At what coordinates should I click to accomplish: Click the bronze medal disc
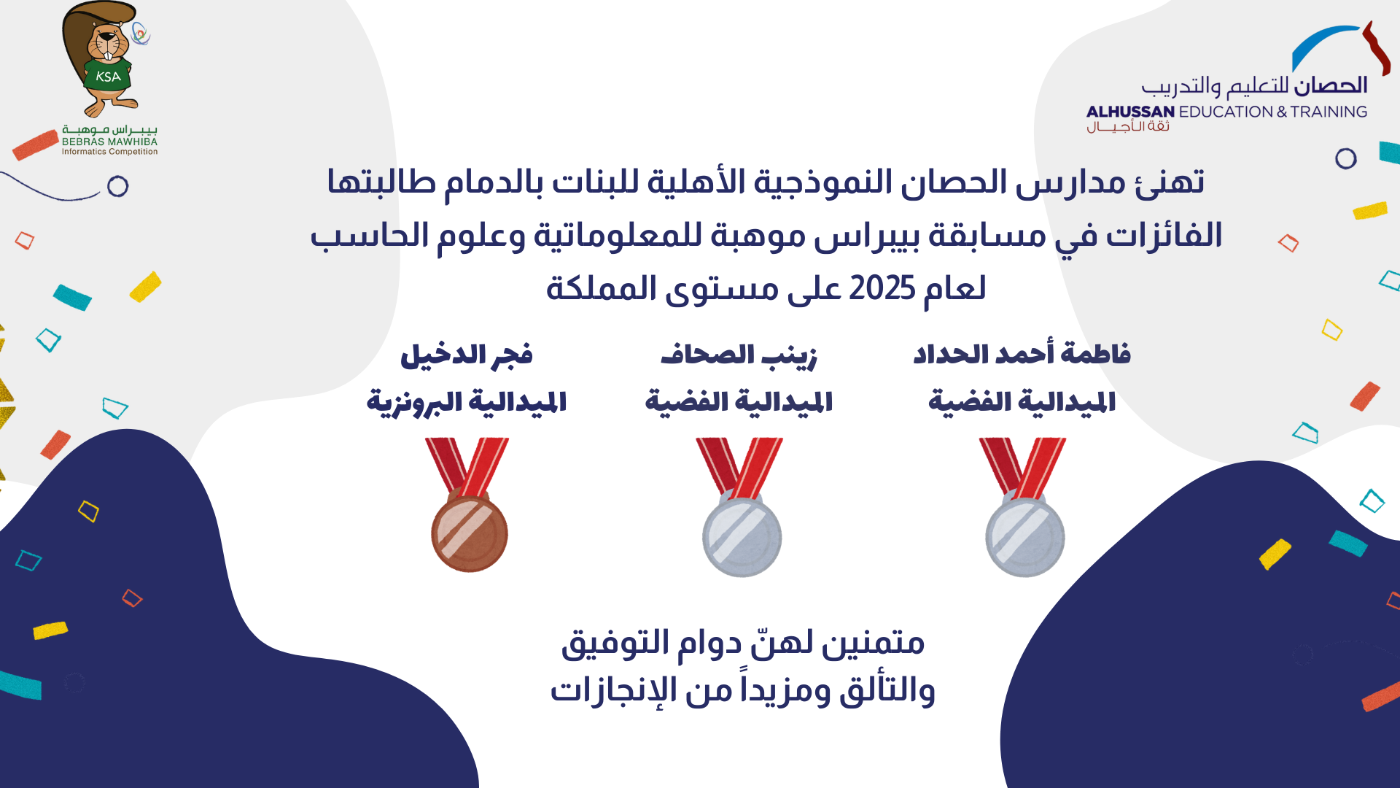tap(470, 533)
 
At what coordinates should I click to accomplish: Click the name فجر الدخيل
tap(467, 355)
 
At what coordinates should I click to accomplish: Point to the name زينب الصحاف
tap(739, 355)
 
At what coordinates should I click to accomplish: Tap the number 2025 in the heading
tap(882, 289)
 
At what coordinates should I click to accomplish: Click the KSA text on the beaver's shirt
tap(108, 77)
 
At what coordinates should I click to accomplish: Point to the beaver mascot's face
tap(106, 45)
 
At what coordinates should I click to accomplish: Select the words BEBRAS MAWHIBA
tap(109, 142)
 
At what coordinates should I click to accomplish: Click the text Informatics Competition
tap(109, 152)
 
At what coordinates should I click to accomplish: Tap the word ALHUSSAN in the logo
tap(1130, 112)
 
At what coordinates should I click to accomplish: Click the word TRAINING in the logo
tap(1329, 112)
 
